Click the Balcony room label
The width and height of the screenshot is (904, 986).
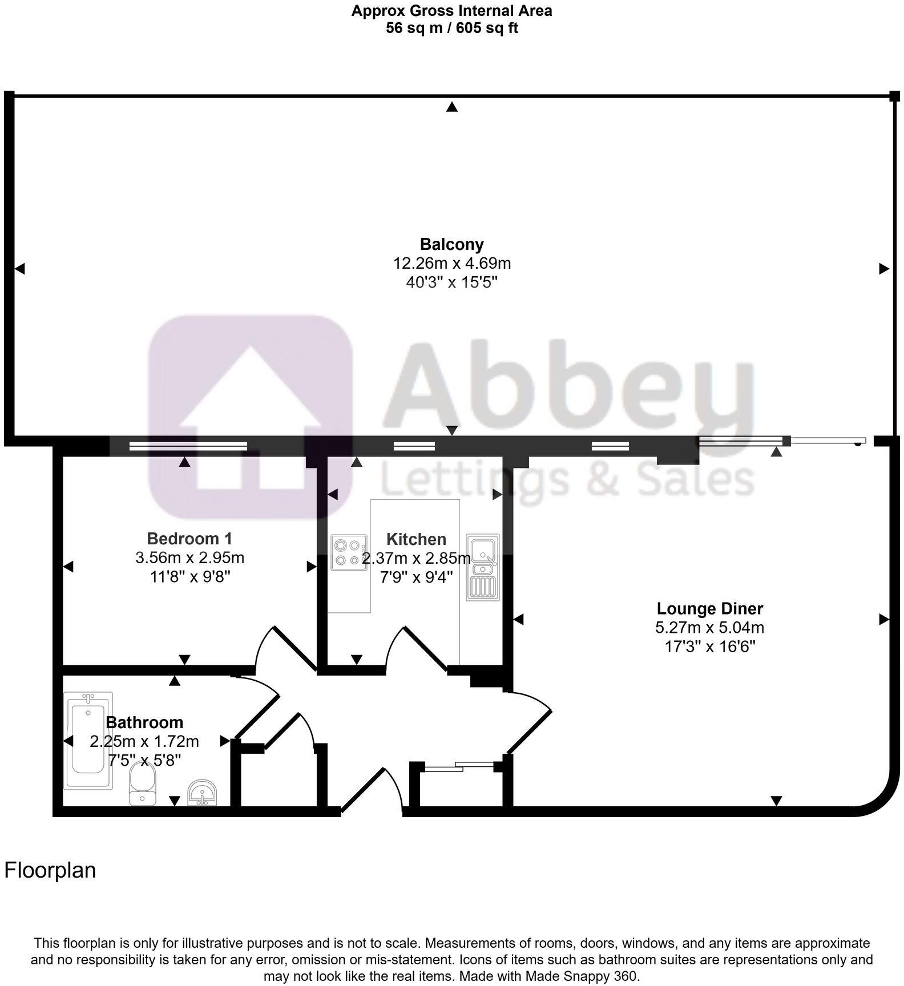pyautogui.click(x=451, y=244)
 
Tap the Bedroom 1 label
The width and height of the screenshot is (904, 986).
pyautogui.click(x=189, y=538)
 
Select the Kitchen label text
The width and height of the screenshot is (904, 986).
pyautogui.click(x=416, y=539)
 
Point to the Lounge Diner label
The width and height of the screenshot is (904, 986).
pyautogui.click(x=709, y=608)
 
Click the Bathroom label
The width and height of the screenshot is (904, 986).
pyautogui.click(x=144, y=722)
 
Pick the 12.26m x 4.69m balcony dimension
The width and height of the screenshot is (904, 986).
pyautogui.click(x=451, y=264)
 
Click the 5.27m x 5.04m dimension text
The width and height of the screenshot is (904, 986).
pyautogui.click(x=709, y=628)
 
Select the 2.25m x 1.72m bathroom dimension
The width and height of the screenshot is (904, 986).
pyautogui.click(x=144, y=741)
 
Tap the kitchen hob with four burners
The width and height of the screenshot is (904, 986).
pyautogui.click(x=349, y=553)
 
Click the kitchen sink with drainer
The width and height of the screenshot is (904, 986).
pyautogui.click(x=483, y=567)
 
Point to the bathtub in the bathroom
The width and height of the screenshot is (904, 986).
pyautogui.click(x=88, y=741)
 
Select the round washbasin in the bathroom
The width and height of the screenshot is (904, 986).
pyautogui.click(x=202, y=793)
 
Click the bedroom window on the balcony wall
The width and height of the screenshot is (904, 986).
pyautogui.click(x=188, y=446)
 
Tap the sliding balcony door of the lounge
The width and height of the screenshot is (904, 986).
pyautogui.click(x=782, y=441)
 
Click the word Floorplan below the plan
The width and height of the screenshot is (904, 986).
pyautogui.click(x=50, y=871)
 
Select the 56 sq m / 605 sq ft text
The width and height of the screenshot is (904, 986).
pyautogui.click(x=451, y=28)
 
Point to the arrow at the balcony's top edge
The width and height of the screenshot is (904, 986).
pyautogui.click(x=452, y=107)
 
